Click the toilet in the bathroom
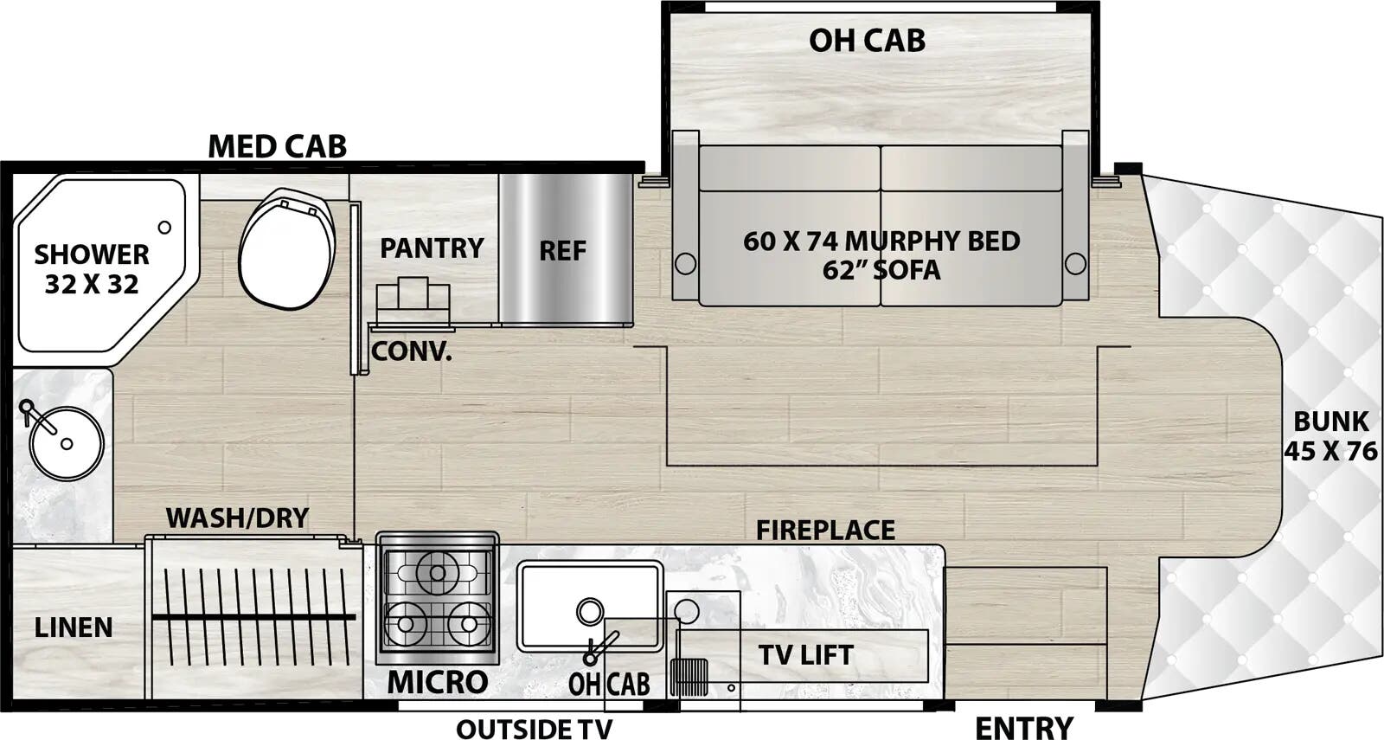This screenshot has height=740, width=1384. click(287, 250)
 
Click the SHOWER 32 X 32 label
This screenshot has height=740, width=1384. click(92, 269)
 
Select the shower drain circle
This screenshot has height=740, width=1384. click(164, 228)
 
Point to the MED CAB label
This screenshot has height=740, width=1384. click(277, 146)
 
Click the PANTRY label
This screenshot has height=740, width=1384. click(432, 248)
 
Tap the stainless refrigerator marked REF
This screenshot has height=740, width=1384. click(564, 250)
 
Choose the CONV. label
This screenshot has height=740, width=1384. click(411, 351)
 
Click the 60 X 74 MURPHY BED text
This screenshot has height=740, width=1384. click(881, 241)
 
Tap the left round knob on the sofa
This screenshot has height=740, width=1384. click(685, 263)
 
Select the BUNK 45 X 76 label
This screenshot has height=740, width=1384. click(1330, 435)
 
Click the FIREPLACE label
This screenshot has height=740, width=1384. click(825, 530)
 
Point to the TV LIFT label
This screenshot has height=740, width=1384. click(805, 655)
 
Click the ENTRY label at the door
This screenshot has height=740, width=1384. click(1023, 727)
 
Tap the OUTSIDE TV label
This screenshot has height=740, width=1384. click(534, 729)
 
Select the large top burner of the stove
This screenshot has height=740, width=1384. click(438, 572)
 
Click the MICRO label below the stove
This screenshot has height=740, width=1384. click(437, 682)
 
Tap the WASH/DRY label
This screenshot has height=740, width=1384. click(237, 518)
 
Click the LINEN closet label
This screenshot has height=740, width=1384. click(74, 627)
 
